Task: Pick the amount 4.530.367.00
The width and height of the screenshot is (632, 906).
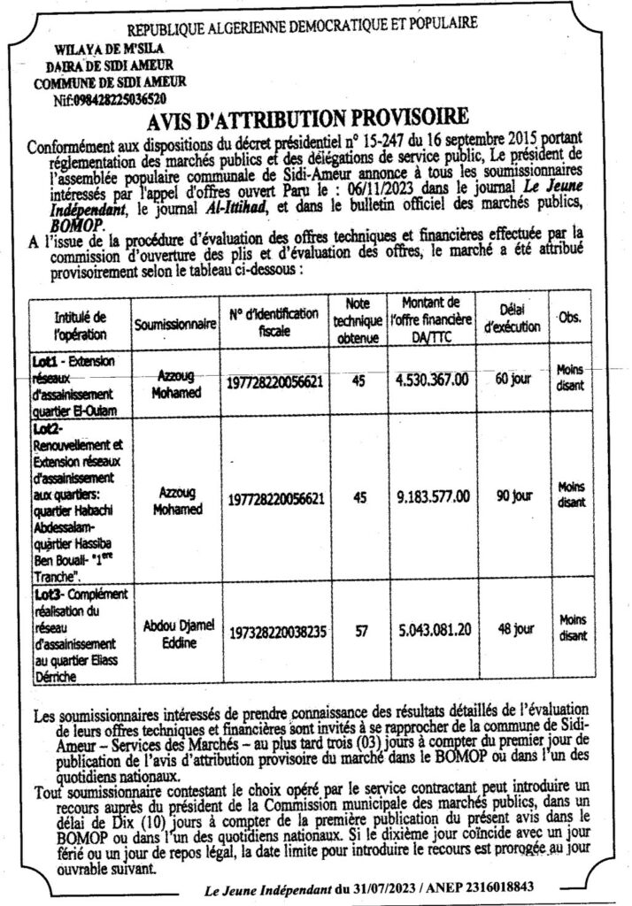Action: coord(435,380)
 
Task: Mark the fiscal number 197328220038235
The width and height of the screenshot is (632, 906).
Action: coord(276,633)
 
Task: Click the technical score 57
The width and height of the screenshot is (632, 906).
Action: coord(359,631)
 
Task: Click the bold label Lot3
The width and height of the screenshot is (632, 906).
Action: coord(45,593)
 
